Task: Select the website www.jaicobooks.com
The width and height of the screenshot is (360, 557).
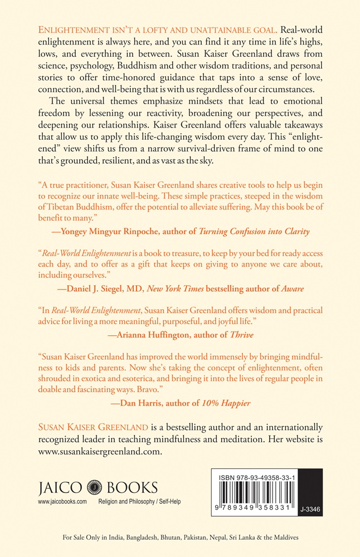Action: (x=62, y=502)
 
